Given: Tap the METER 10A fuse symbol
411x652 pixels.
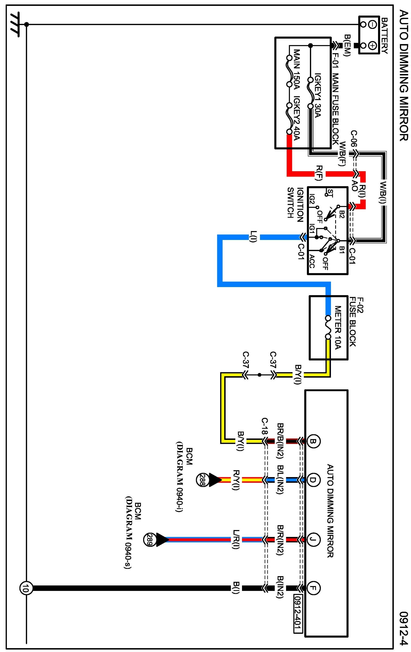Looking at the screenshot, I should pyautogui.click(x=328, y=327).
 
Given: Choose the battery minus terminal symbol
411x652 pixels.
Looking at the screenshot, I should pyautogui.click(x=373, y=25).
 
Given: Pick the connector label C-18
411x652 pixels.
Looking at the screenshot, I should pyautogui.click(x=265, y=426).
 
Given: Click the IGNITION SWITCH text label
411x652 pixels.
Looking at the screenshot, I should pyautogui.click(x=295, y=203).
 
